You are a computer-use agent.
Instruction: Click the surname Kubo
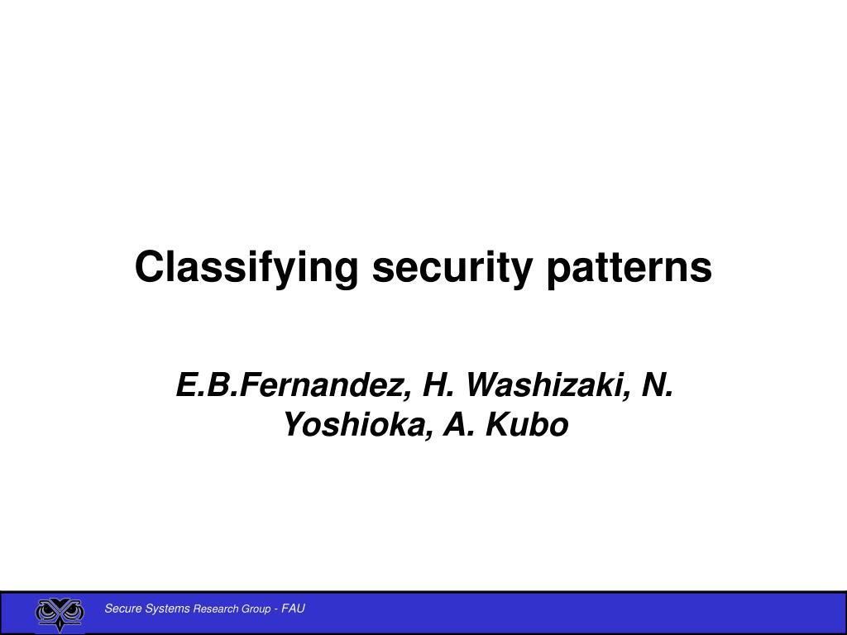click(527, 425)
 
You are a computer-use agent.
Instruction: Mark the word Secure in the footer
click(122, 609)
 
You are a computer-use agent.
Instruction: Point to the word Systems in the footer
click(167, 609)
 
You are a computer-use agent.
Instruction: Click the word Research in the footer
click(216, 609)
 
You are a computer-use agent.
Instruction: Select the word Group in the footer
click(256, 609)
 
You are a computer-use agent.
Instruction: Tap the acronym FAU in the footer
click(293, 609)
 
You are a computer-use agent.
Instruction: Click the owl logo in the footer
click(60, 614)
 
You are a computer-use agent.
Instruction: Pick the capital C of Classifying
click(148, 267)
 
